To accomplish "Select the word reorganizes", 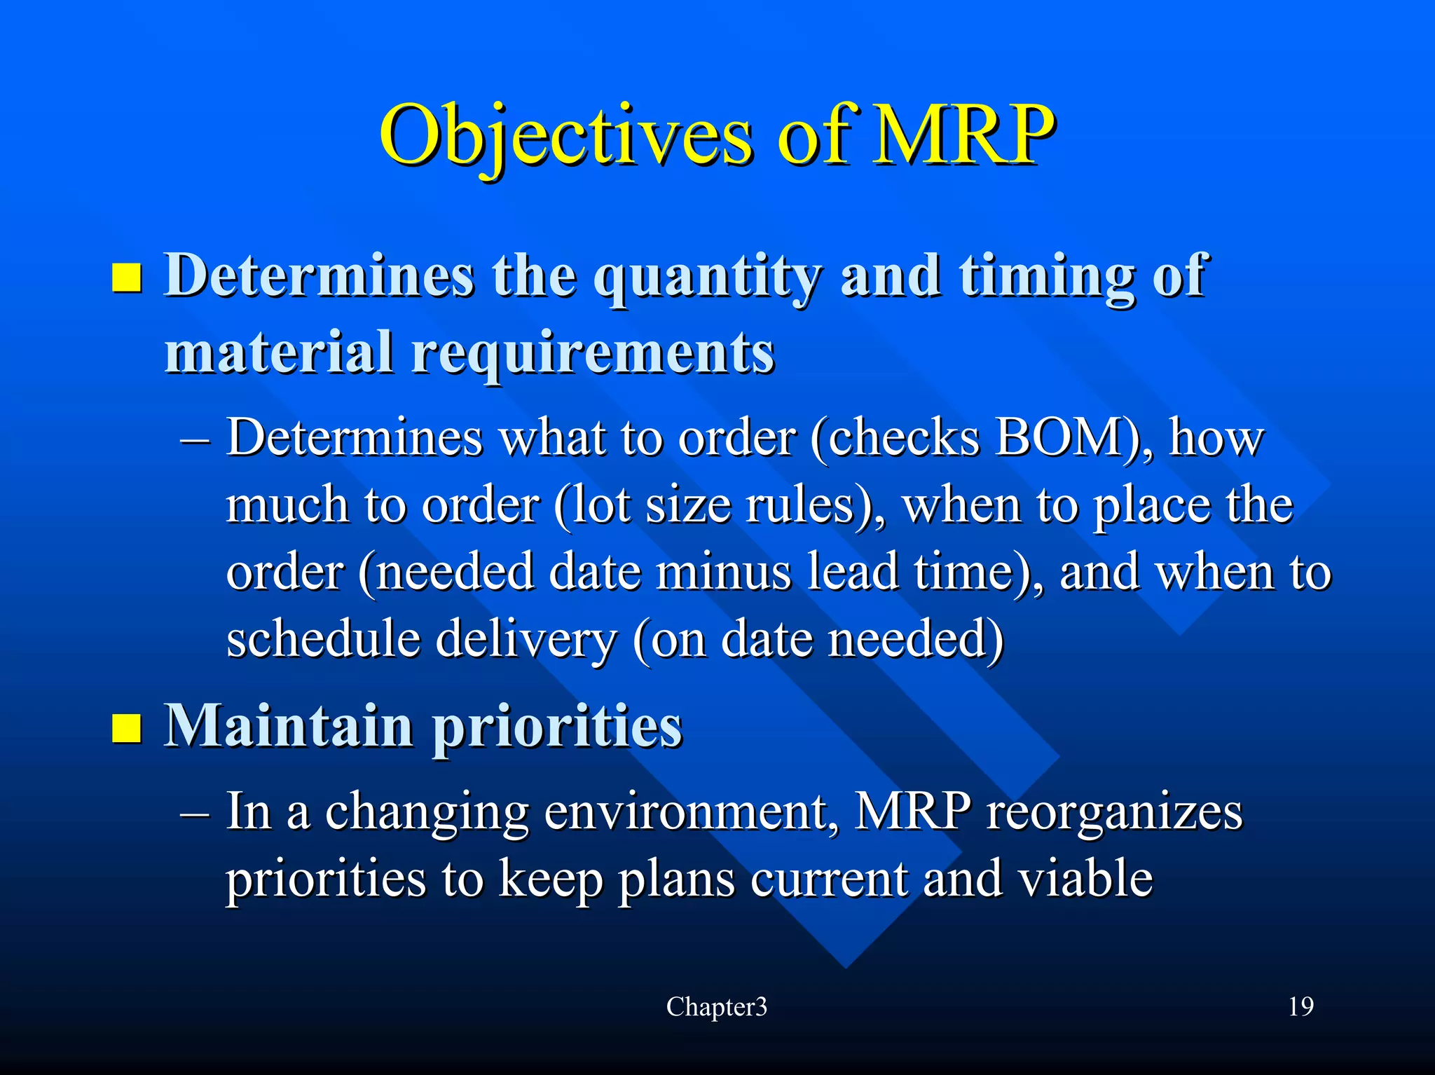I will [1114, 812].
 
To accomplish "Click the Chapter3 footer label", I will [717, 1007].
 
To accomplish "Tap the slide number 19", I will [1300, 1007].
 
